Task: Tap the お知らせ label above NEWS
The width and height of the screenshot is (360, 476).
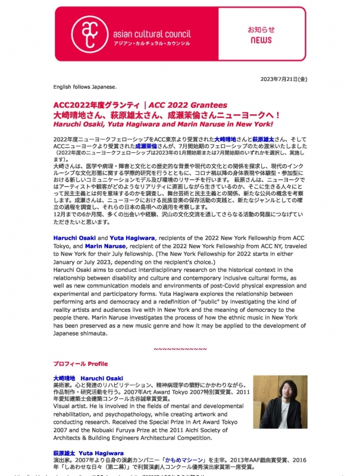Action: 261,29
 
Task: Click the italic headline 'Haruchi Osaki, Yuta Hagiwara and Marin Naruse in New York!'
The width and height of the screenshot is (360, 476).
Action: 162,124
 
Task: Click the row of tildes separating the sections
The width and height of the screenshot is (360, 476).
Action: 180,348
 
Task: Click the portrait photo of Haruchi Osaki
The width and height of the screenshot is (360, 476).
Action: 280,402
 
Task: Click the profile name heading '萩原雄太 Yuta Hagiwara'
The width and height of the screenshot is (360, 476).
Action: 87,452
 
